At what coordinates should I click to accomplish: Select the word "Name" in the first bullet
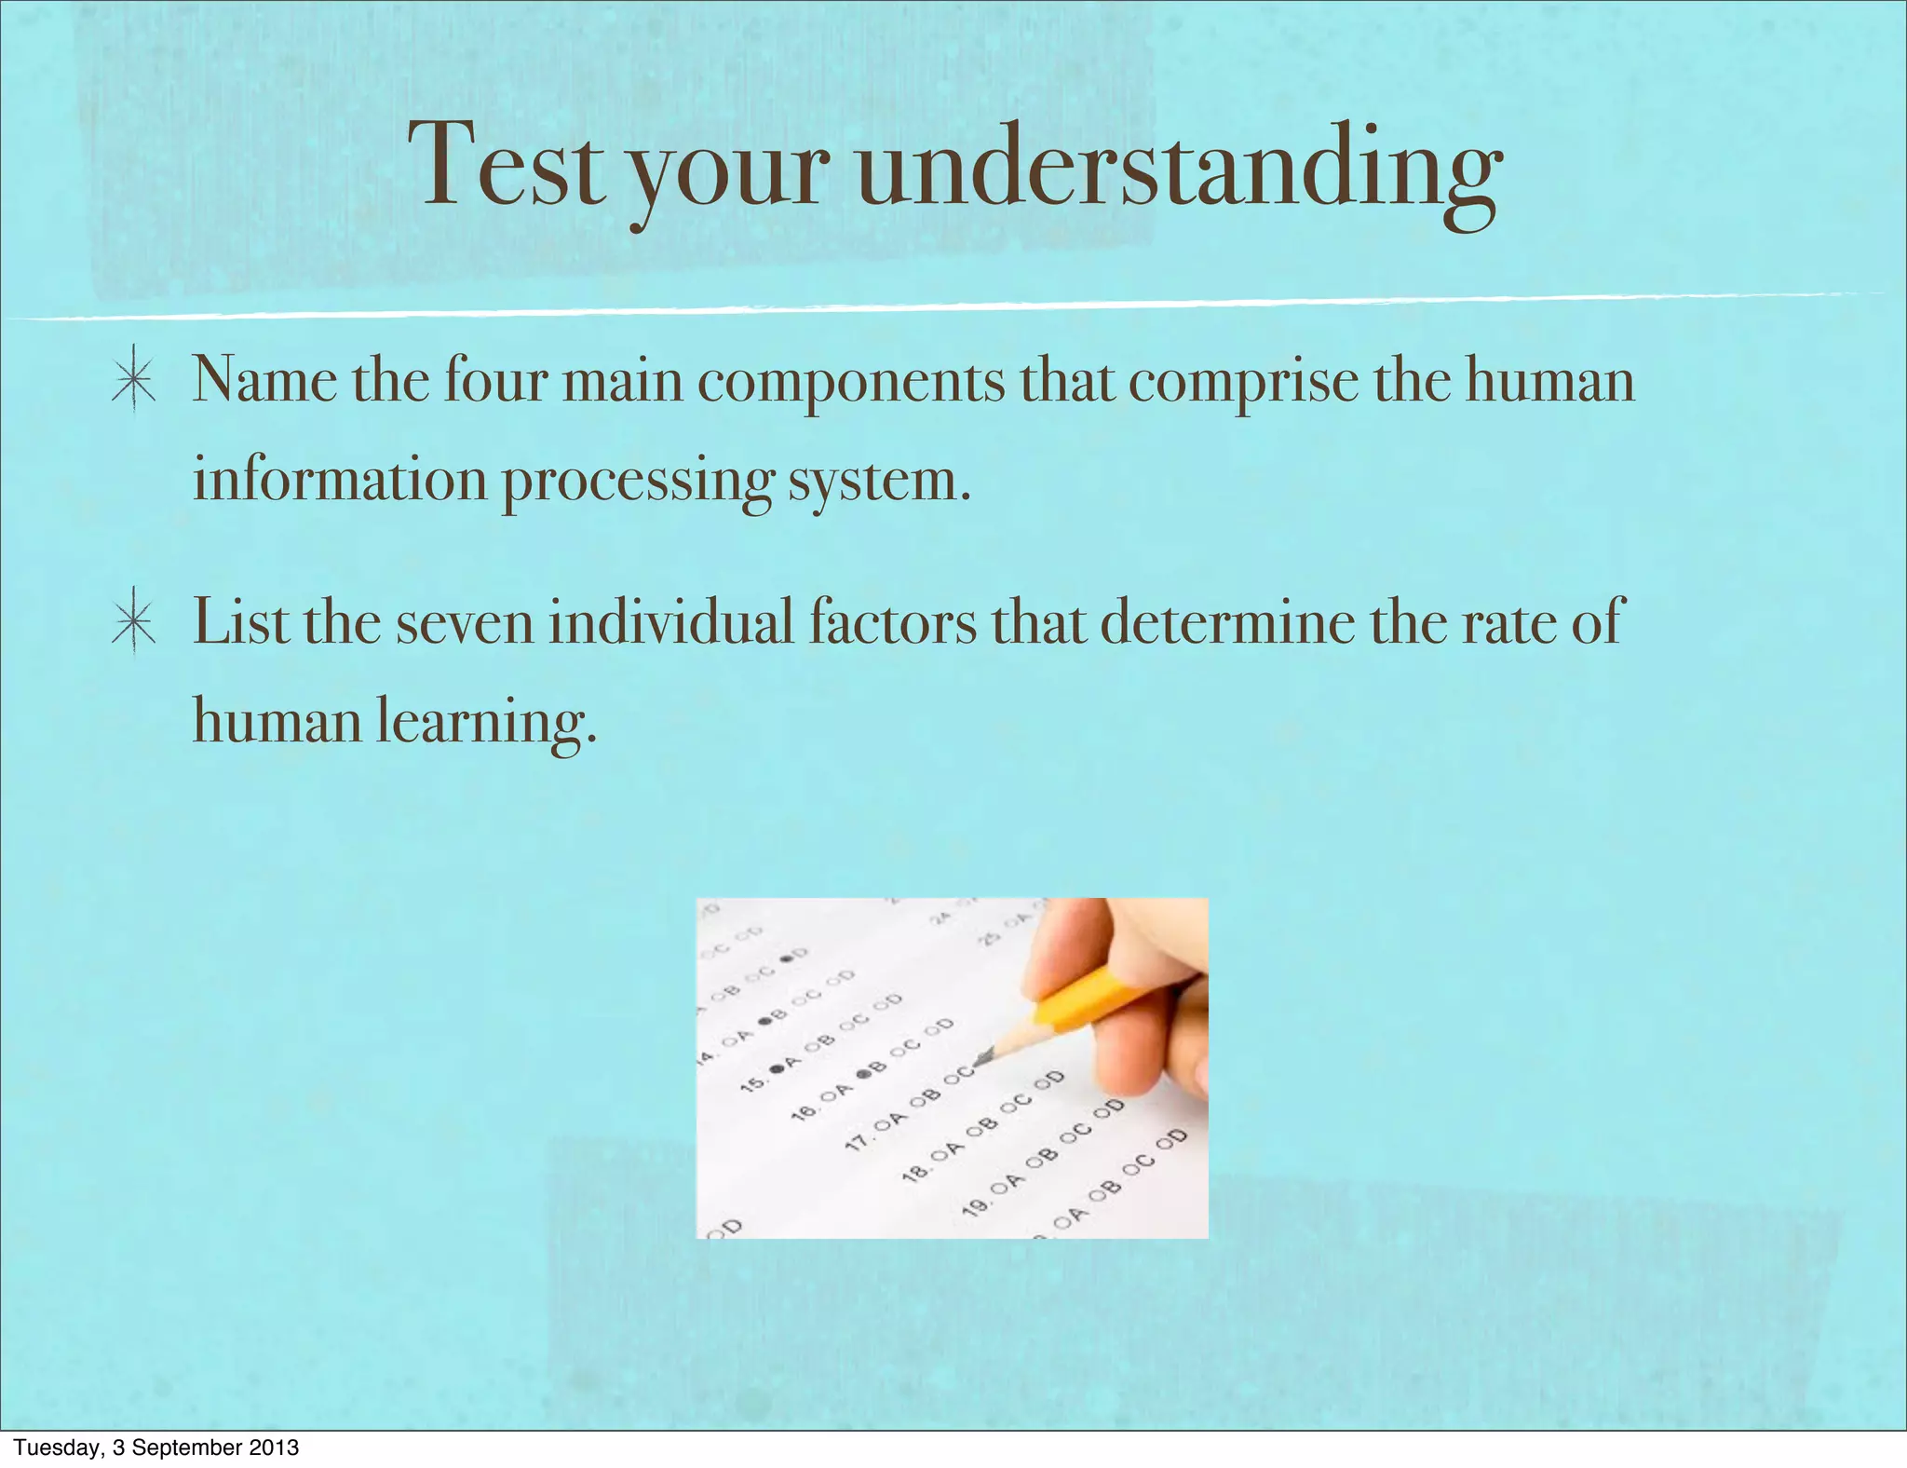coord(264,382)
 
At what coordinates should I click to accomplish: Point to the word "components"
coord(851,385)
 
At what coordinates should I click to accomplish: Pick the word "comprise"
coord(1243,385)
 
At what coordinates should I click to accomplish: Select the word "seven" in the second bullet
coord(465,623)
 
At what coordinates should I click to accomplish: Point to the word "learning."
coord(486,722)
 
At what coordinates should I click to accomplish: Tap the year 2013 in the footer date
coord(277,1448)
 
